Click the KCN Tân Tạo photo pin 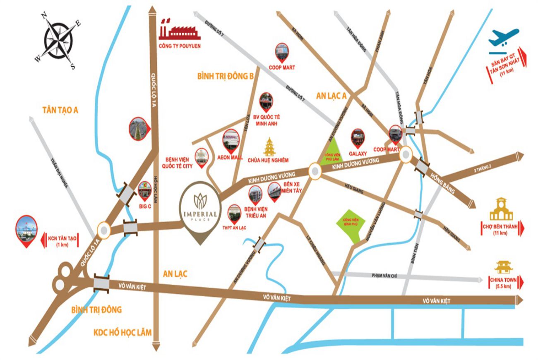(x=26, y=229)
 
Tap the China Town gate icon (x=501, y=267)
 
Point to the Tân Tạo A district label (x=60, y=110)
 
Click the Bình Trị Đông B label (x=225, y=76)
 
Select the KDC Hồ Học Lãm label (x=122, y=332)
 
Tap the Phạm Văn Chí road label (x=384, y=276)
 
